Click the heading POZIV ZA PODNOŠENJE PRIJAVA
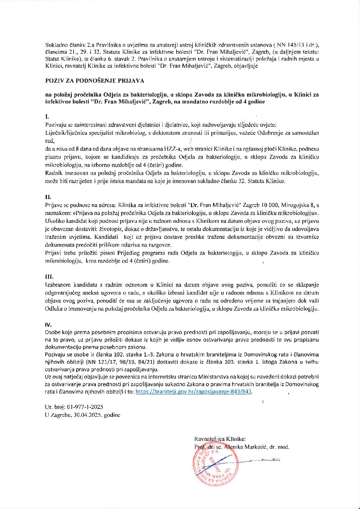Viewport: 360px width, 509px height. click(95, 81)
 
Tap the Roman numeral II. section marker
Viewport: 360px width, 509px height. click(48, 197)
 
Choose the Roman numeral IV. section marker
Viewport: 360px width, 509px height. click(48, 325)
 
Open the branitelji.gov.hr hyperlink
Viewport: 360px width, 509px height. click(193, 392)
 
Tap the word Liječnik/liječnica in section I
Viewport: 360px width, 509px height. click(66, 133)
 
